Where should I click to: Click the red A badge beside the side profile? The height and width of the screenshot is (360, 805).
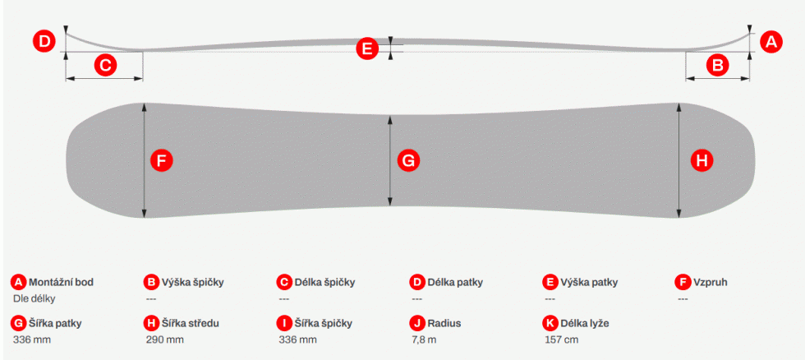[771, 42]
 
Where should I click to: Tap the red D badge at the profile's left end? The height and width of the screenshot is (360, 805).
[44, 42]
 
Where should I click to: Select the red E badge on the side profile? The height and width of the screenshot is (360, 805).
[366, 48]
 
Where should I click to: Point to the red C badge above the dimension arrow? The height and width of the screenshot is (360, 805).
[106, 65]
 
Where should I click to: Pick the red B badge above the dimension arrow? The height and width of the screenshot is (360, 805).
[718, 65]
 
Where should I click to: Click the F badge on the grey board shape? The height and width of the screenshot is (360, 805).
[162, 161]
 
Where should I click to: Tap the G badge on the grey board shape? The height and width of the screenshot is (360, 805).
[408, 161]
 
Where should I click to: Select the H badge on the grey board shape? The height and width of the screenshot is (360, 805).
[701, 161]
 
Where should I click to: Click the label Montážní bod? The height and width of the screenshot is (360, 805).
[61, 282]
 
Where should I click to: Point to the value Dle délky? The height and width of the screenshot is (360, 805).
[34, 298]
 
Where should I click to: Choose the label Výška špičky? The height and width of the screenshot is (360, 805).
[192, 282]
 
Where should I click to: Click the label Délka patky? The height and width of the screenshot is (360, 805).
[455, 282]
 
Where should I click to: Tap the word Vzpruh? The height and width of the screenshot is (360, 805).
[711, 282]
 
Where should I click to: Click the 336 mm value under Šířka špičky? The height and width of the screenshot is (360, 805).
[297, 339]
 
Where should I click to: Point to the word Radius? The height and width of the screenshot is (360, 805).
[444, 323]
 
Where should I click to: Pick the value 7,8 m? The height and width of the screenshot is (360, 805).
[424, 339]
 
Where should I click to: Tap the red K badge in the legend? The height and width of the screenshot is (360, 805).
[550, 323]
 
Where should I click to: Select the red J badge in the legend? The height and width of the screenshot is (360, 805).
[417, 323]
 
